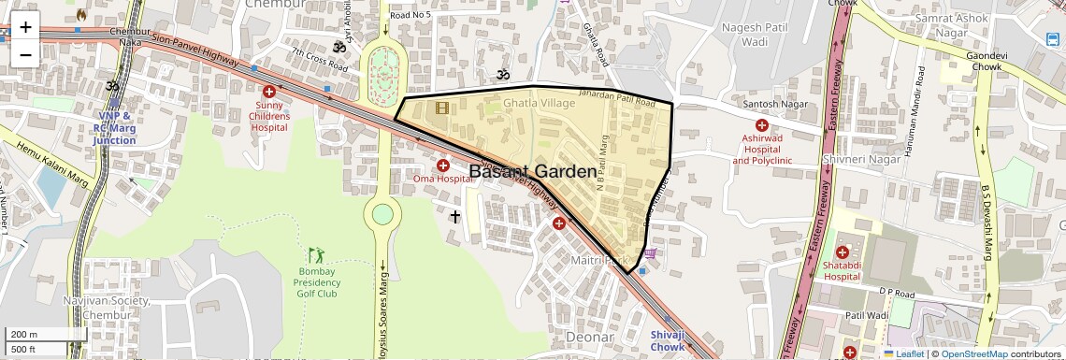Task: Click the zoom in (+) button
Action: (x=25, y=27)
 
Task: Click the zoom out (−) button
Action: (x=25, y=54)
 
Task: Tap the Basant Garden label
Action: (x=531, y=172)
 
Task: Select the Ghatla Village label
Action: (x=540, y=103)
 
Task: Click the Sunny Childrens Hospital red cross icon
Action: (x=269, y=92)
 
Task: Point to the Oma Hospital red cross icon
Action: (x=442, y=166)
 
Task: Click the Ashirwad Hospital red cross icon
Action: (x=762, y=125)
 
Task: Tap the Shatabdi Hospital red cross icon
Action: (x=842, y=252)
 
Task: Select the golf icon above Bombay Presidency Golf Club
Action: (x=317, y=254)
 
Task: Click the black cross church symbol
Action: (x=455, y=217)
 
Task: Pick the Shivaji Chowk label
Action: (x=668, y=341)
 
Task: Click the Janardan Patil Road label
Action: (x=616, y=96)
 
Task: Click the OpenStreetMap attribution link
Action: (x=974, y=353)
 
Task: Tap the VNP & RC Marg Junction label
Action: (x=114, y=128)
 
